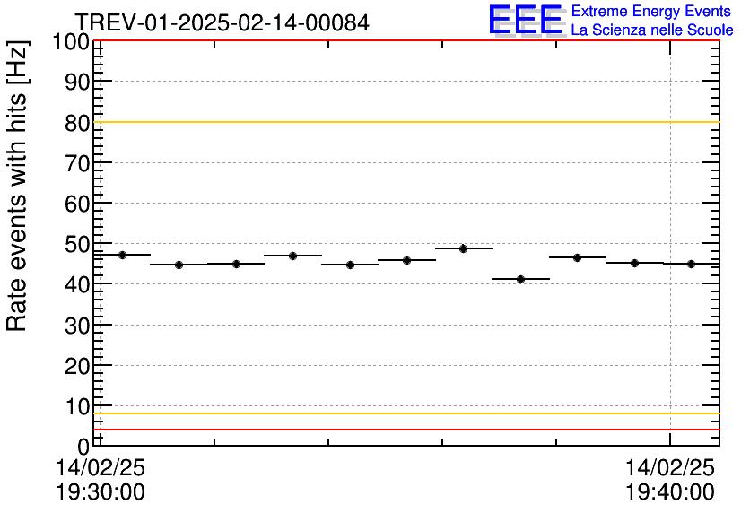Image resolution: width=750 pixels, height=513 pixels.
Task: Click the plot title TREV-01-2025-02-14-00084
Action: point(222,22)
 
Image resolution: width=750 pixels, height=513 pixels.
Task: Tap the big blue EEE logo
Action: point(526,20)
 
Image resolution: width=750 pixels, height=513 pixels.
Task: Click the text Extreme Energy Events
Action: point(651,12)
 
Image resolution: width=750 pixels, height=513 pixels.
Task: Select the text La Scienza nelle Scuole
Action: point(651,30)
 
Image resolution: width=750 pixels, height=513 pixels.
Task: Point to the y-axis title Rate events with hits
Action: point(17,186)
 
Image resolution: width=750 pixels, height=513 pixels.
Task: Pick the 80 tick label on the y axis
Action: point(78,123)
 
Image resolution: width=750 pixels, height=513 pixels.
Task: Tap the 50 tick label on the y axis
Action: point(78,244)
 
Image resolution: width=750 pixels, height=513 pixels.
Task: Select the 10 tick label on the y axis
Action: point(78,406)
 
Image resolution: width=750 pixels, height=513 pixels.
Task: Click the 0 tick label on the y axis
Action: point(83,447)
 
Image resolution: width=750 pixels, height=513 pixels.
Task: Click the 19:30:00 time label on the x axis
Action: point(100,492)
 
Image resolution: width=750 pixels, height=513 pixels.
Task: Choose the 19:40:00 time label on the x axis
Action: point(670,492)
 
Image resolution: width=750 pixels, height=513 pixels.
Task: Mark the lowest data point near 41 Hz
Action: point(520,279)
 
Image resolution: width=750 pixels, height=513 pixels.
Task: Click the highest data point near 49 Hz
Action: point(463,248)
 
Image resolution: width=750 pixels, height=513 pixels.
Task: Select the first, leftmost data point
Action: point(122,255)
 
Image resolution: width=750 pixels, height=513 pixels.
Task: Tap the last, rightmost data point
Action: point(691,264)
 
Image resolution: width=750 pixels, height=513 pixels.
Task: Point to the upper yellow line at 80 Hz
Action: point(404,122)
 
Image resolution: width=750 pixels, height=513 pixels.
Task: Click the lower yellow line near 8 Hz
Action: point(404,413)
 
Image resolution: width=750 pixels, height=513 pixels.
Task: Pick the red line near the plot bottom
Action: point(404,430)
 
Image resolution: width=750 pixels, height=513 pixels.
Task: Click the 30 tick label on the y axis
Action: point(78,326)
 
